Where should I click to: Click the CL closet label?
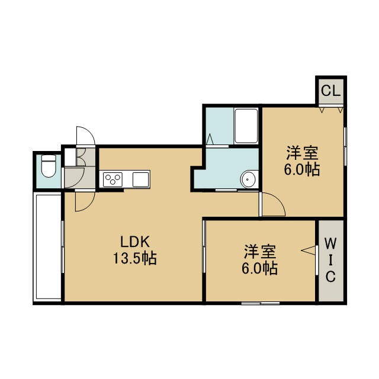pos(330,91)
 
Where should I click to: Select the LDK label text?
pos(135,242)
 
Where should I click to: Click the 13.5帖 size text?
pos(135,258)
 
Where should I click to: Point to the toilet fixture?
pos(49,166)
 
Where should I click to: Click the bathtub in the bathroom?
pos(246,126)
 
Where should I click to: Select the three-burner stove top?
pos(113,179)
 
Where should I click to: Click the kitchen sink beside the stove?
pos(140,179)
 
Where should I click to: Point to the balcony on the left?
pos(48,247)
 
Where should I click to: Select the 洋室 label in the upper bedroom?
pos(302,153)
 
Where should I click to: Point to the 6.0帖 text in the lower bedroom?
pos(259,268)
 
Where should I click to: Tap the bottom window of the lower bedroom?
pos(261,303)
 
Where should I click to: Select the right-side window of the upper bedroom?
pos(345,146)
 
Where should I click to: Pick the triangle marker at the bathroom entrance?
pos(210,139)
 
